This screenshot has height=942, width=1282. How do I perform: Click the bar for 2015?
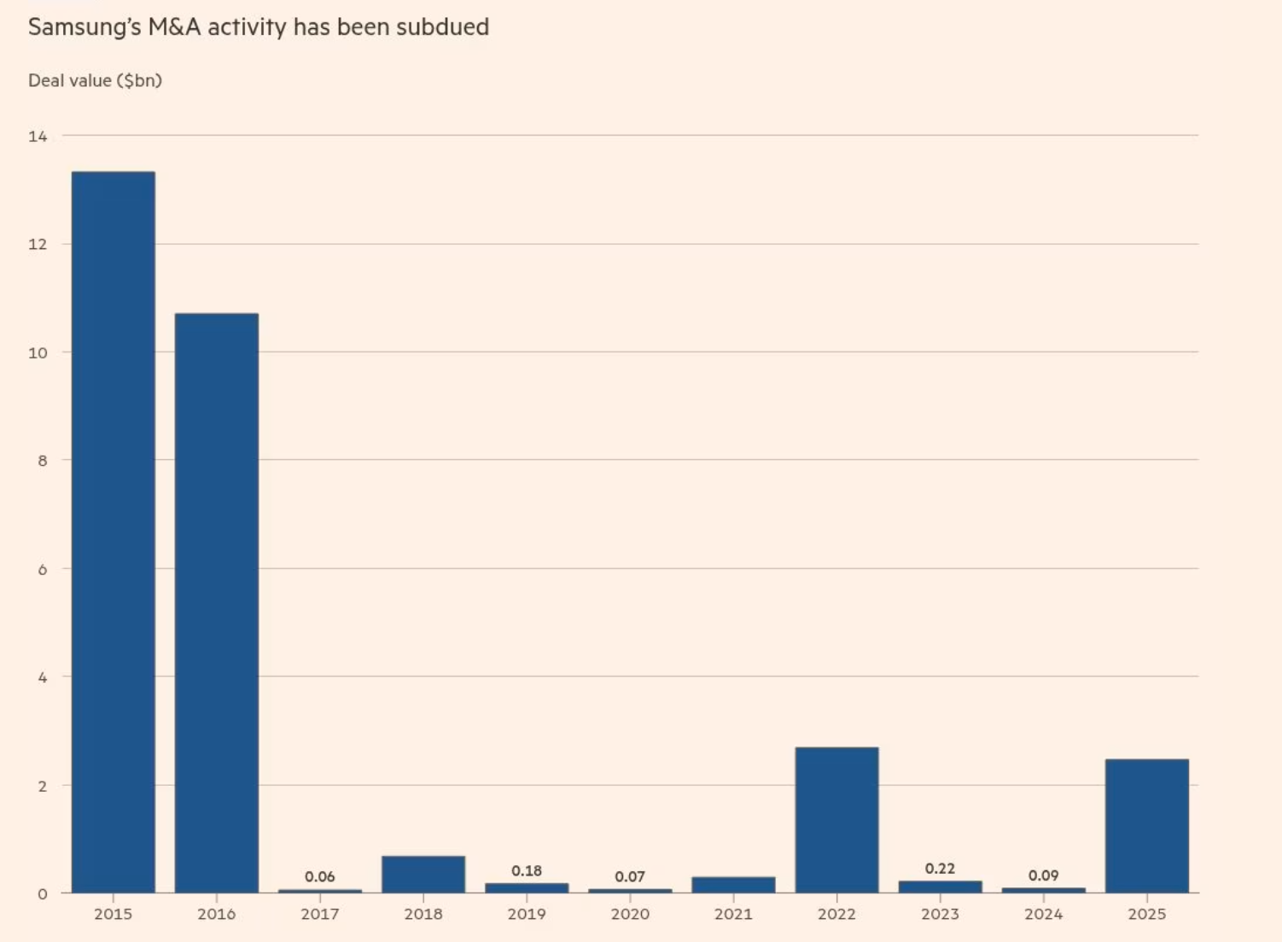pos(114,532)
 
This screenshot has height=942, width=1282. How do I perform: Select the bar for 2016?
pos(217,602)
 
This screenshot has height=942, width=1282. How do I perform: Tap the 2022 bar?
pos(836,820)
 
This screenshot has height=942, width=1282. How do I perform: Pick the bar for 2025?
pos(1146,826)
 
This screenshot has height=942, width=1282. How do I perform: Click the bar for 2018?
pos(423,875)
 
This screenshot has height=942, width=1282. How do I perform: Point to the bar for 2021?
pos(733,885)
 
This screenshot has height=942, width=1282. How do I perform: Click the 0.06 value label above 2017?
pos(320,876)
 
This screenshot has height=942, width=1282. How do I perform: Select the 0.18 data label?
pos(527,870)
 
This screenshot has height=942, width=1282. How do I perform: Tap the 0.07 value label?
pos(630,876)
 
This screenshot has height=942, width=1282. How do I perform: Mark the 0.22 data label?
pos(940,869)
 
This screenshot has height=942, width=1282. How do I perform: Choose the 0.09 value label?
pos(1043,875)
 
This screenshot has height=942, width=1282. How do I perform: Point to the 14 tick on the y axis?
pos(38,137)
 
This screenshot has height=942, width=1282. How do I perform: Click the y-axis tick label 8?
pos(42,461)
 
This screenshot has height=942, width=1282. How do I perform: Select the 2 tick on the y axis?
pos(42,786)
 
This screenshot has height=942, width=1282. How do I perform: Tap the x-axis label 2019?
pos(527,914)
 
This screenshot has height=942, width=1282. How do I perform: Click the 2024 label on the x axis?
pos(1043,914)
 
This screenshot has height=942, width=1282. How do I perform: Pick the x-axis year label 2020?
pos(630,914)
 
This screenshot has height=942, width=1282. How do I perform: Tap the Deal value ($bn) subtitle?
pos(95,80)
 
